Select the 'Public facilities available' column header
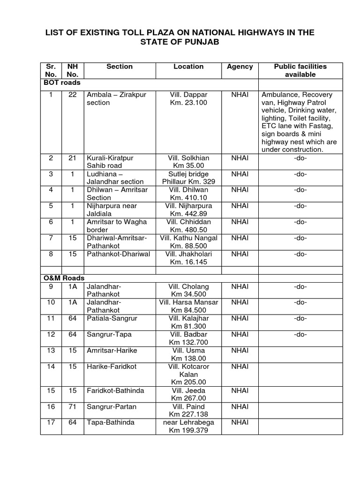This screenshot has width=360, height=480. click(x=300, y=70)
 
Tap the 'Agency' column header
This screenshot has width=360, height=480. click(x=240, y=67)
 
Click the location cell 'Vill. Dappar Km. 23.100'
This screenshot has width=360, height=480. click(x=188, y=98)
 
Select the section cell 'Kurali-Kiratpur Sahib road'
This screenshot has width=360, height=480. click(x=110, y=162)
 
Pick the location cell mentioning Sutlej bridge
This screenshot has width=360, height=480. click(x=188, y=178)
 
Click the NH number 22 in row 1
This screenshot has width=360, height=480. click(x=72, y=95)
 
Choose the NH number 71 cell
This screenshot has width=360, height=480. click(x=72, y=407)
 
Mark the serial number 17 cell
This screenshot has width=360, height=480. click(x=51, y=423)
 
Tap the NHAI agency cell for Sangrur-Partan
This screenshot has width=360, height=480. click(x=240, y=407)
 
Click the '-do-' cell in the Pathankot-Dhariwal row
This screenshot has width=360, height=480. click(x=300, y=254)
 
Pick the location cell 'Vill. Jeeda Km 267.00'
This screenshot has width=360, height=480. click(x=188, y=395)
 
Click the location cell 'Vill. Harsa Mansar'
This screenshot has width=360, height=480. click(x=188, y=306)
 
